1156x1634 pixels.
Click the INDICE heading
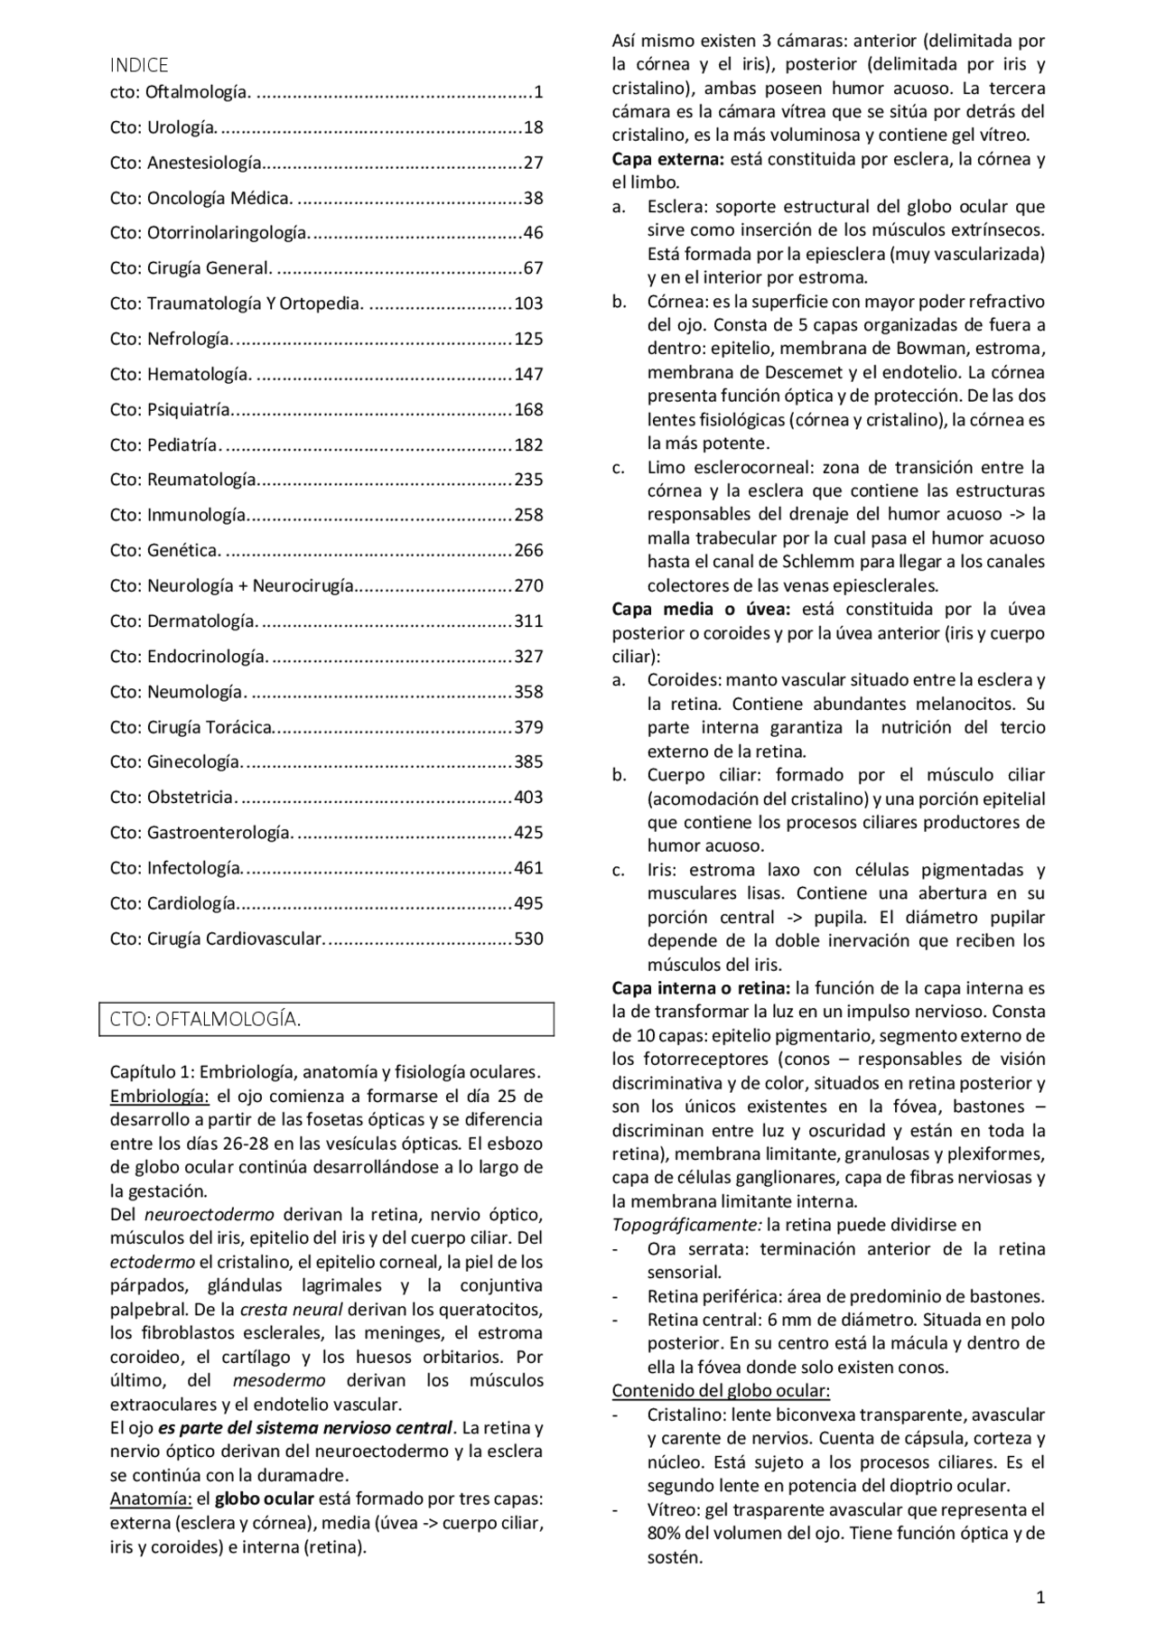point(139,65)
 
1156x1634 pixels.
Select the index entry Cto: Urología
point(163,127)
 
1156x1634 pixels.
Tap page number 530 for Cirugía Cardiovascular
point(528,938)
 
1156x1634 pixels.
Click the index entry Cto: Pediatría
point(164,445)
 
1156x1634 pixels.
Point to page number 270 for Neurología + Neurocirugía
point(528,585)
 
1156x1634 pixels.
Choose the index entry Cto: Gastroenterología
point(201,833)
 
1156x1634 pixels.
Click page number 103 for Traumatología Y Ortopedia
point(528,303)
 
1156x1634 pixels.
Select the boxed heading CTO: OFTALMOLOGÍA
point(206,1019)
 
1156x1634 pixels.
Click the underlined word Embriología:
point(160,1097)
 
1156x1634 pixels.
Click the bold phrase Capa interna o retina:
point(701,988)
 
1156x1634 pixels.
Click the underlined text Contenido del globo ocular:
point(721,1390)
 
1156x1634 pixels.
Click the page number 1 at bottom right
point(1040,1598)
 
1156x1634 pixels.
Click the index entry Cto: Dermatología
point(183,621)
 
